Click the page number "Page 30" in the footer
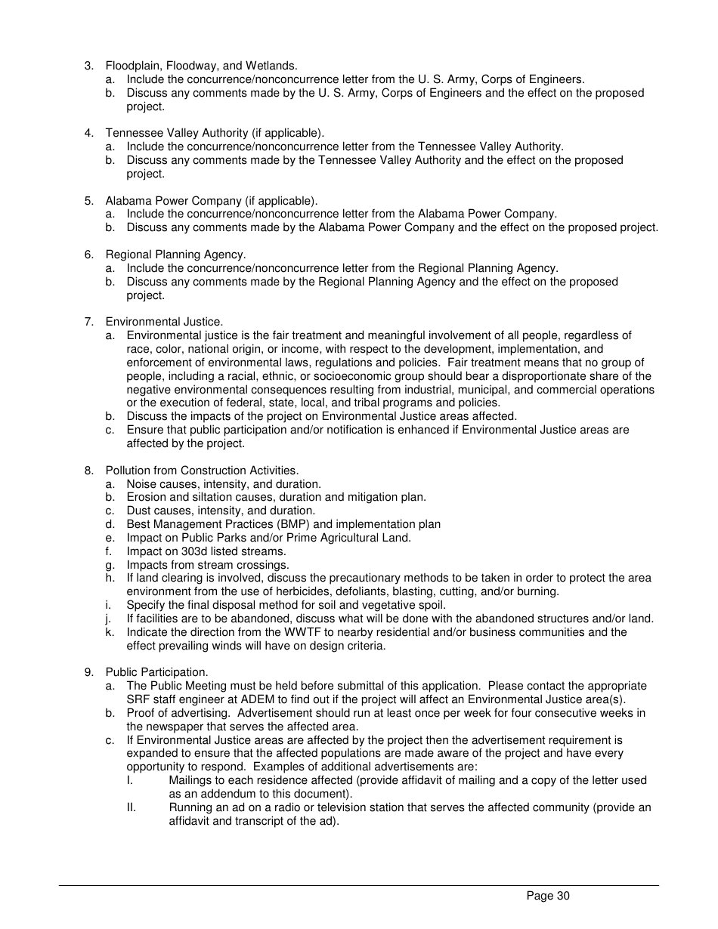pos(547,897)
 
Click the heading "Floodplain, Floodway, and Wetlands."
pos(201,66)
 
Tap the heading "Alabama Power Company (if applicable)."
pos(211,201)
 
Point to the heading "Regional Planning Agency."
pos(175,255)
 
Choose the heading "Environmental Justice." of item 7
pos(164,322)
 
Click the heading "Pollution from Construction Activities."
pos(202,471)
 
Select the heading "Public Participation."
pos(156,672)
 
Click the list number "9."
pos(89,672)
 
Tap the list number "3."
pos(89,66)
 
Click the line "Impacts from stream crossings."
pos(207,565)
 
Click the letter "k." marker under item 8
pos(110,632)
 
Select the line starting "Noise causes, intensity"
pos(224,484)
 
